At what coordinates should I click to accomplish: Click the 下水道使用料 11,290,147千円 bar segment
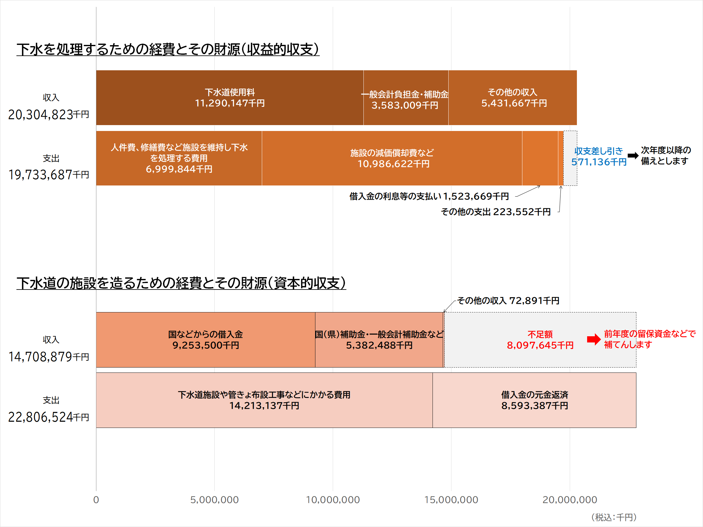click(230, 98)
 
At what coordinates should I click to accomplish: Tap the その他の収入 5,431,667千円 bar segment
click(512, 98)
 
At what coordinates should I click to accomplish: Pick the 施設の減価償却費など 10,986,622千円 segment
click(392, 158)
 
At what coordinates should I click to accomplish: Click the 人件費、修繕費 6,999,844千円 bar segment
click(179, 158)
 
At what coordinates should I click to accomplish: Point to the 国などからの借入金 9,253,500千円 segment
click(205, 340)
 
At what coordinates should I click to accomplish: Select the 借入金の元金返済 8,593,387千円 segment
click(534, 400)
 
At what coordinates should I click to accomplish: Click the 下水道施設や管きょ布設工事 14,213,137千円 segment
click(264, 400)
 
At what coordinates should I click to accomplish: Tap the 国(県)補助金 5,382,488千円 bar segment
click(379, 340)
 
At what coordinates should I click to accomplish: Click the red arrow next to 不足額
click(593, 339)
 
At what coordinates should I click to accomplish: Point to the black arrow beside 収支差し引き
click(633, 156)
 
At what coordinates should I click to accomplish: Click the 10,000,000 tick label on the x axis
click(332, 500)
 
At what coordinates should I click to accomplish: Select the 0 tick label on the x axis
click(96, 500)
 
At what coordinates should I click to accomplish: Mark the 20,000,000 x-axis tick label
click(569, 500)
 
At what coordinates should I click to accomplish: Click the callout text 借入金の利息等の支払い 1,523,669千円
click(429, 196)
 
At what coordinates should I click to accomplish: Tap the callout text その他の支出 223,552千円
click(495, 212)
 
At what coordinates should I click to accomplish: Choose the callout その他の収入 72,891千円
click(508, 301)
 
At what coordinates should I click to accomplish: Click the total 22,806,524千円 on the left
click(48, 417)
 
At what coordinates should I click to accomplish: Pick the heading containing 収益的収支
click(168, 50)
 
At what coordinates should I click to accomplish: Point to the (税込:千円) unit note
click(613, 517)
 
